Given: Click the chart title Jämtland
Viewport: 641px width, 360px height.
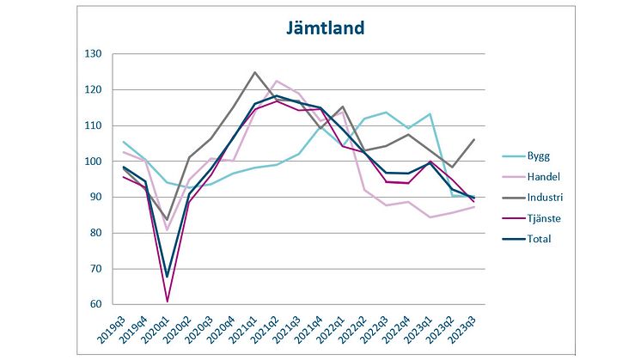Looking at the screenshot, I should pyautogui.click(x=325, y=27).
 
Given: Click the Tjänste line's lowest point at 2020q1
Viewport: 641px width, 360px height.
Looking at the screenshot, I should pyautogui.click(x=168, y=301).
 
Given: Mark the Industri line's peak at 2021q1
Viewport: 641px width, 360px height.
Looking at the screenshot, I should pyautogui.click(x=255, y=72).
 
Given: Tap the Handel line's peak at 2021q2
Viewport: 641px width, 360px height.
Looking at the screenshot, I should pyautogui.click(x=277, y=81).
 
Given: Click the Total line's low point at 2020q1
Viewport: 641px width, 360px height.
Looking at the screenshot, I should pyautogui.click(x=168, y=277).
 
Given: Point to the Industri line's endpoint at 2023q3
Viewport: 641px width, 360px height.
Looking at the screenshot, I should pyautogui.click(x=473, y=139).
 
